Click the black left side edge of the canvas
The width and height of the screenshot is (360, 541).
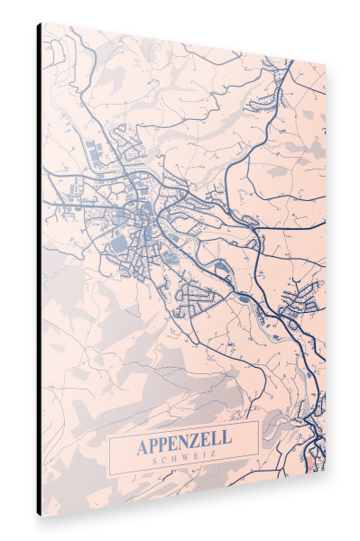(39, 270)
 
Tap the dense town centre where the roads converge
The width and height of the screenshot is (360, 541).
(142, 212)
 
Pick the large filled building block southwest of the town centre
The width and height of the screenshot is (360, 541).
(118, 243)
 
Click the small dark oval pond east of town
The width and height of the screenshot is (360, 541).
(243, 295)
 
